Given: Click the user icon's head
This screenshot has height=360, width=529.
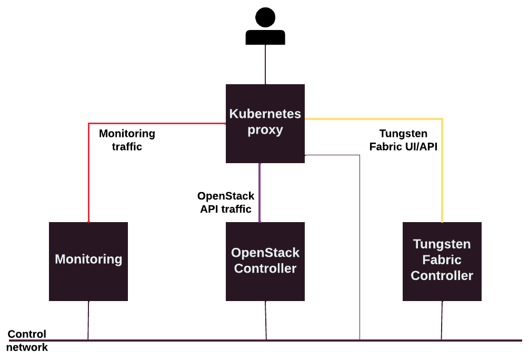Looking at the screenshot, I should (x=265, y=18).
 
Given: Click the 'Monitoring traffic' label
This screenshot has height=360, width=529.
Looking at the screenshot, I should (x=127, y=140).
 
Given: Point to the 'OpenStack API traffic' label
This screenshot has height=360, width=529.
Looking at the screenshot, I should (x=226, y=203).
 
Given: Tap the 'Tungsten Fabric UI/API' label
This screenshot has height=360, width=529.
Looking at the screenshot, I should (x=403, y=141).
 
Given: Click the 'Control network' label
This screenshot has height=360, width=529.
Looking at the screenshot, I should (x=27, y=341).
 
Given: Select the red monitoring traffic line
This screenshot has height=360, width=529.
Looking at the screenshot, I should (x=88, y=174).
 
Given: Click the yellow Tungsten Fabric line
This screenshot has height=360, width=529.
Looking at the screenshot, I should (x=442, y=168).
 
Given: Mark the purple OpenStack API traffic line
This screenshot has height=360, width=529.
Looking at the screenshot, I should (x=259, y=192).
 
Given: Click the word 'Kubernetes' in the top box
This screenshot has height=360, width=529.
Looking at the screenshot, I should (x=265, y=114).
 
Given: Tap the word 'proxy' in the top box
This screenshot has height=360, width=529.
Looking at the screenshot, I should (x=265, y=130).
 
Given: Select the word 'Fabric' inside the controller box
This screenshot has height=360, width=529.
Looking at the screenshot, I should (x=442, y=260).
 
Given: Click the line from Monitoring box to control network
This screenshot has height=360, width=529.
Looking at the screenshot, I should (x=88, y=320).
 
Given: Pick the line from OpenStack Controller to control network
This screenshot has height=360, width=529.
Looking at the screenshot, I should (x=266, y=320).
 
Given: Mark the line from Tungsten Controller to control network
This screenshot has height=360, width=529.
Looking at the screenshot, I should (x=442, y=320).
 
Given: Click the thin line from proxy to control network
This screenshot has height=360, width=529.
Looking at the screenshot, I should (x=360, y=247).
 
